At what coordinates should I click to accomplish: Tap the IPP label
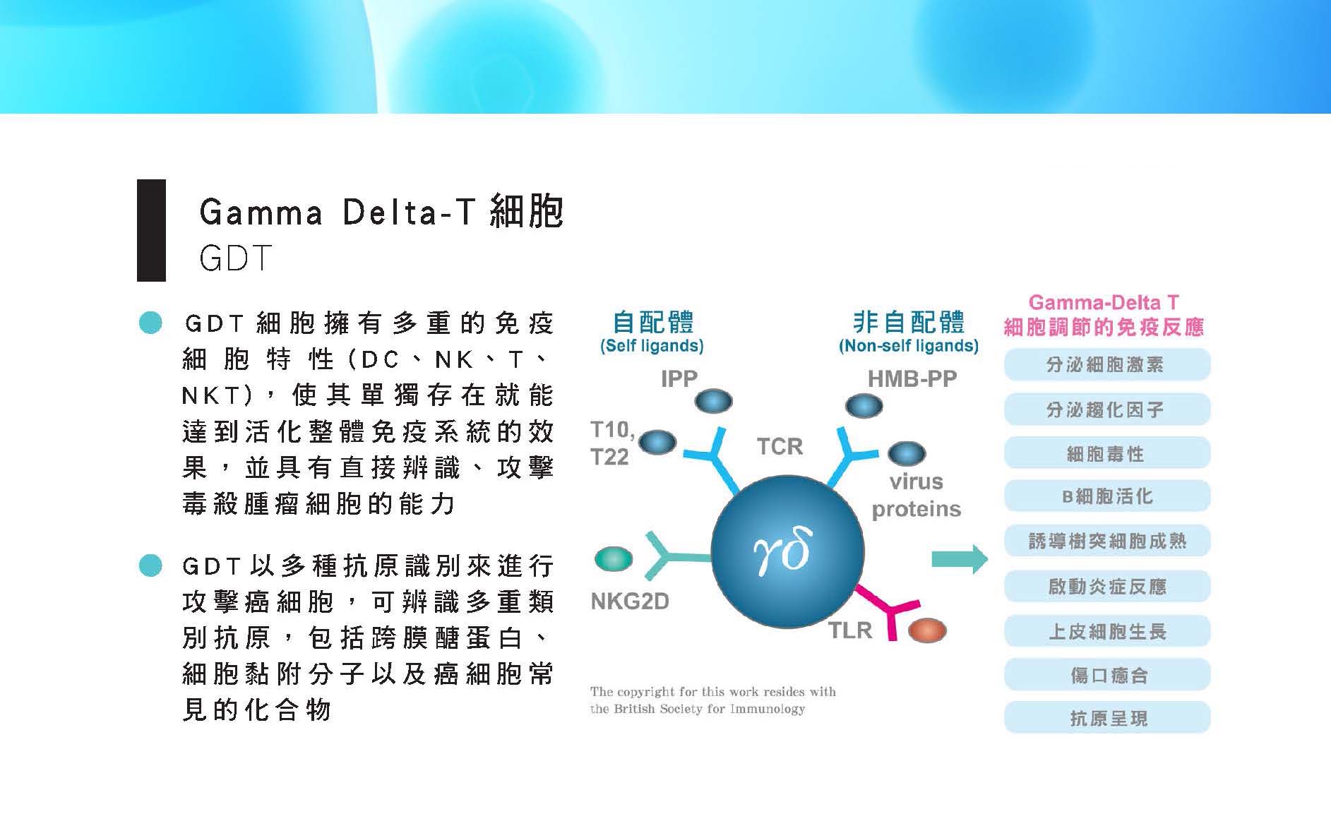click(x=679, y=378)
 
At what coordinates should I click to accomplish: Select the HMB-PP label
click(x=912, y=379)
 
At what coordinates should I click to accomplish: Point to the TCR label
click(x=780, y=446)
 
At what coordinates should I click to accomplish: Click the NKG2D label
click(x=629, y=601)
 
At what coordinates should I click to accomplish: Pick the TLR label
click(x=850, y=630)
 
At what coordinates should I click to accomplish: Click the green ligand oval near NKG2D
click(x=614, y=558)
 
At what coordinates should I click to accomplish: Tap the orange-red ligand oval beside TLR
click(x=927, y=630)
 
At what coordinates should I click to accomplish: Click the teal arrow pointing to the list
click(x=960, y=560)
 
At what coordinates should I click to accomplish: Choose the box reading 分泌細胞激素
click(x=1107, y=366)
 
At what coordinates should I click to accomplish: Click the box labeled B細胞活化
click(x=1107, y=496)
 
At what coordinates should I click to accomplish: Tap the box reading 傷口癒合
click(x=1107, y=675)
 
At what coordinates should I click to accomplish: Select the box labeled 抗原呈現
click(x=1107, y=718)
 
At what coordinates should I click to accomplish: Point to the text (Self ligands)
click(x=652, y=346)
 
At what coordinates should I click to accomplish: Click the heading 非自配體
click(x=909, y=322)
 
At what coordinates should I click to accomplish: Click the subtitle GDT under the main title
click(x=236, y=258)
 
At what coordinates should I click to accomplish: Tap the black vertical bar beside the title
click(x=151, y=230)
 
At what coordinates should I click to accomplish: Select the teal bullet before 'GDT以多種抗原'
click(x=150, y=565)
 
